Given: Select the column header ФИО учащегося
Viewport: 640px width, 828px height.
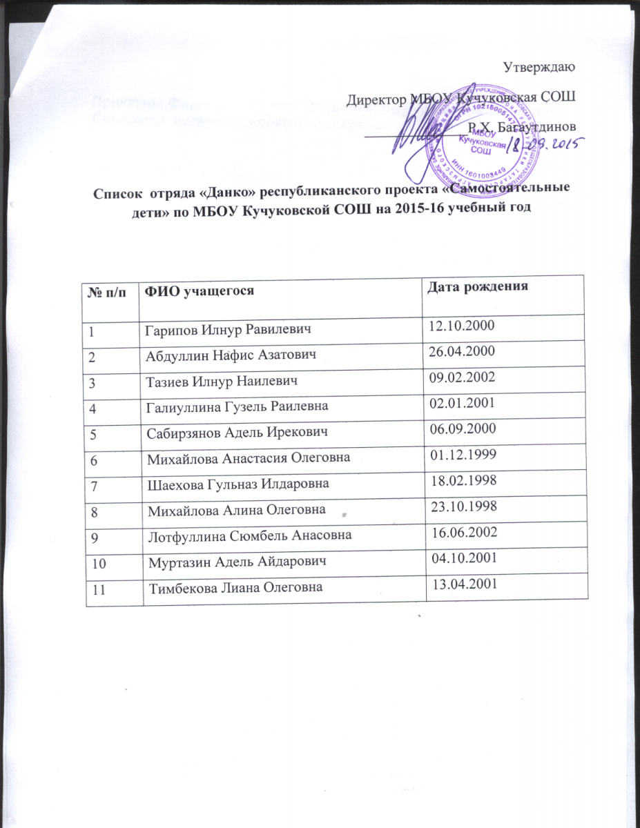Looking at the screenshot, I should tap(197, 291).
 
